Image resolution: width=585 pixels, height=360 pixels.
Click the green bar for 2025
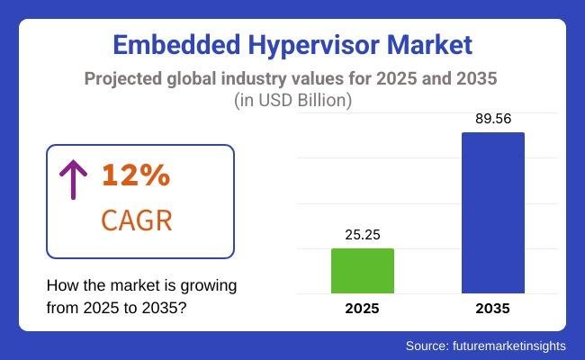(363, 271)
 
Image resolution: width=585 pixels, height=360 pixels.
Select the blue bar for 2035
(492, 213)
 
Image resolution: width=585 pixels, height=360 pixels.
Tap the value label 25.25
(363, 235)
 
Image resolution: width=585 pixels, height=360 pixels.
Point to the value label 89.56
(492, 119)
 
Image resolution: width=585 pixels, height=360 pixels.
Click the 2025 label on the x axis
(363, 309)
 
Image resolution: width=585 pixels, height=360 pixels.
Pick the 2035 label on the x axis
(492, 309)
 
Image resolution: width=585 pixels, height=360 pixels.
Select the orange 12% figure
(136, 175)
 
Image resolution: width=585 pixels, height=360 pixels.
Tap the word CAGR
(136, 219)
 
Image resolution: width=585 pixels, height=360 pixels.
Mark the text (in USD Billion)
(292, 100)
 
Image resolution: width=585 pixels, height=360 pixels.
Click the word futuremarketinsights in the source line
(510, 346)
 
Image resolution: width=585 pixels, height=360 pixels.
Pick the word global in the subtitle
(195, 78)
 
